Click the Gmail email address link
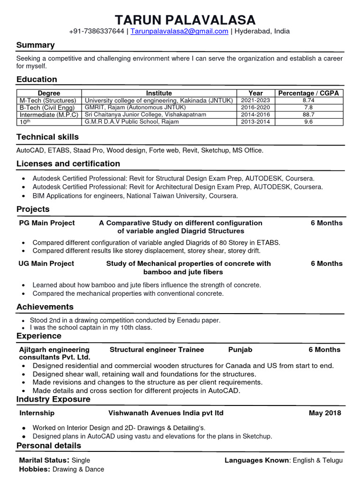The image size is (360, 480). coord(179,31)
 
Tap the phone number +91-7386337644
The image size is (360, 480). coord(96,31)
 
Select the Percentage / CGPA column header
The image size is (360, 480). coord(308,93)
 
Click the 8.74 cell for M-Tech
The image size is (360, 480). coord(308,100)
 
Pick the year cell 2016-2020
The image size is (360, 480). coord(255,107)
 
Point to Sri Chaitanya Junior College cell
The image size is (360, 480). coord(145,114)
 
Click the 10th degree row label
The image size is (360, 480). coord(24,121)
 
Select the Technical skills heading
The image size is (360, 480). coord(47,137)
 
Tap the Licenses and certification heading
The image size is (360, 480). coord(68,164)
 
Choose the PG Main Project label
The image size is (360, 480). coord(46,223)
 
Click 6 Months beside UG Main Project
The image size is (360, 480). coord(326,263)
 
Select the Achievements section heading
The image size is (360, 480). coord(45,307)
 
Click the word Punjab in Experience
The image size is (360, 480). coord(240,350)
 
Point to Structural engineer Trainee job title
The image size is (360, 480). coord(157,350)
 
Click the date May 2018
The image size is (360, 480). coord(325,413)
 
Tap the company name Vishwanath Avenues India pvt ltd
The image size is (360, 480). coord(166,413)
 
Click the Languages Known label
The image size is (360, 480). coord(256,460)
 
